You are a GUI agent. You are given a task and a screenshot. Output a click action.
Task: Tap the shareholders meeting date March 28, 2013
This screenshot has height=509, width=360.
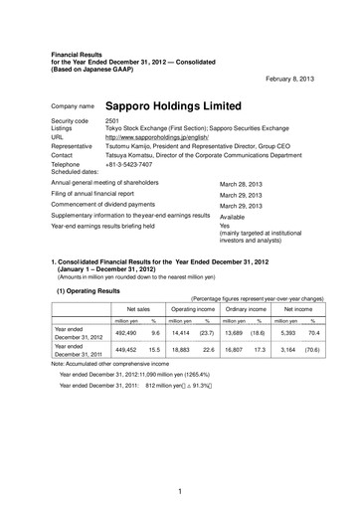click(x=240, y=186)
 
